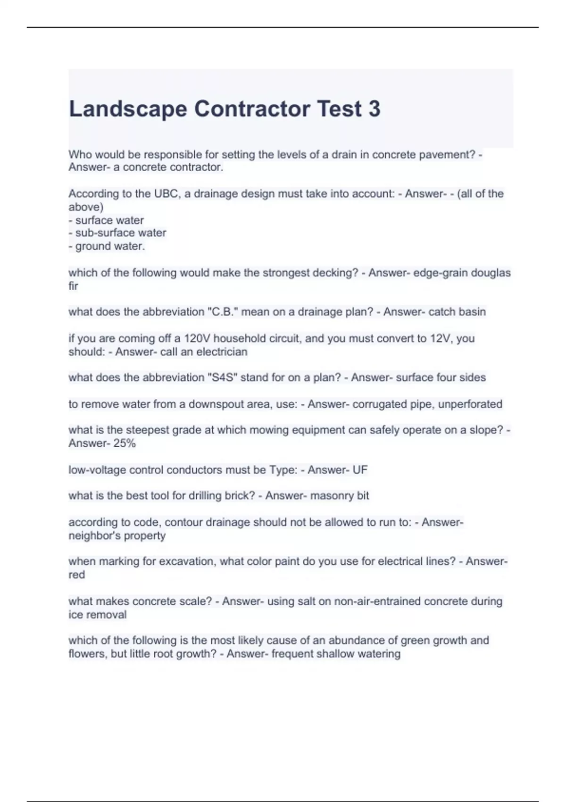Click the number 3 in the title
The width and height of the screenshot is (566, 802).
pyautogui.click(x=374, y=109)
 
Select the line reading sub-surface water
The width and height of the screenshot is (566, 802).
pyautogui.click(x=117, y=233)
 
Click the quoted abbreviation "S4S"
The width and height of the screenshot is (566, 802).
pyautogui.click(x=222, y=377)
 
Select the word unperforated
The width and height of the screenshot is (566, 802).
pyautogui.click(x=470, y=404)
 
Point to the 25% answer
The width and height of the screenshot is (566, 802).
pyautogui.click(x=125, y=443)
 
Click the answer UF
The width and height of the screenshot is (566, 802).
pyautogui.click(x=359, y=470)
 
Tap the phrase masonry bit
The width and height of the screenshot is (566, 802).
pyautogui.click(x=339, y=496)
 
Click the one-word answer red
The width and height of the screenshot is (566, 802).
pyautogui.click(x=76, y=575)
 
